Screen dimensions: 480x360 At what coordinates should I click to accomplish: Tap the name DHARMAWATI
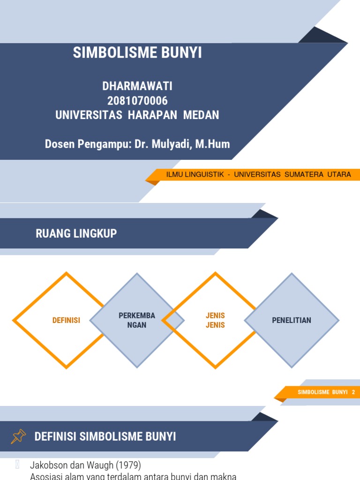[x=137, y=86]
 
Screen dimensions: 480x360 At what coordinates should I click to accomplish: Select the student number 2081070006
[x=137, y=101]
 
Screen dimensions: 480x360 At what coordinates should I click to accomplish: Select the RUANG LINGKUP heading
[x=76, y=233]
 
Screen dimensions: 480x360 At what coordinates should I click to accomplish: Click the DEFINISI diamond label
[x=66, y=321]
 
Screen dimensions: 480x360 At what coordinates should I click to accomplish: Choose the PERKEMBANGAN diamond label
[x=137, y=320]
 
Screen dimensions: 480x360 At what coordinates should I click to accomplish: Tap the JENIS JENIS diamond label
[x=216, y=320]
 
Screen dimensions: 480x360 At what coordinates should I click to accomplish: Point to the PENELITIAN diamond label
[x=292, y=321]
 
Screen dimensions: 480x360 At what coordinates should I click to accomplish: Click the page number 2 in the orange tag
[x=353, y=392]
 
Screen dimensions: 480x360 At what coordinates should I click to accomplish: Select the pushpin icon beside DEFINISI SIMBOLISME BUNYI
[x=18, y=437]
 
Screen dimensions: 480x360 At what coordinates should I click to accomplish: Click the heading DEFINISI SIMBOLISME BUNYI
[x=105, y=437]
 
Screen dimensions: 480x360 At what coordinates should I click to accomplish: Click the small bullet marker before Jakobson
[x=17, y=465]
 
